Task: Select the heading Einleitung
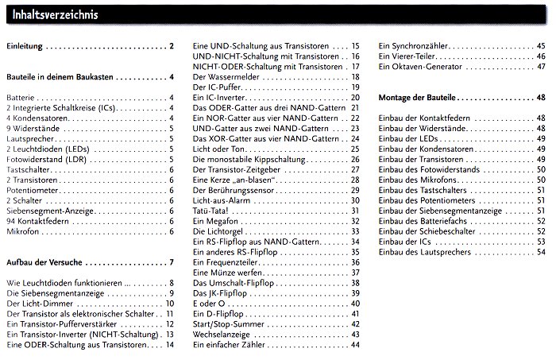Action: (x=25, y=47)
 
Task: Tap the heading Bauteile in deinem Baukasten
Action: (x=60, y=77)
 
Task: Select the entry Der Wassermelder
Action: (x=226, y=77)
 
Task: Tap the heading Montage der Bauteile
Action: (x=421, y=97)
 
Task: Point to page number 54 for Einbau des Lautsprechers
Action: (x=540, y=252)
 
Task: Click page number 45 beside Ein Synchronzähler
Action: (x=540, y=46)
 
